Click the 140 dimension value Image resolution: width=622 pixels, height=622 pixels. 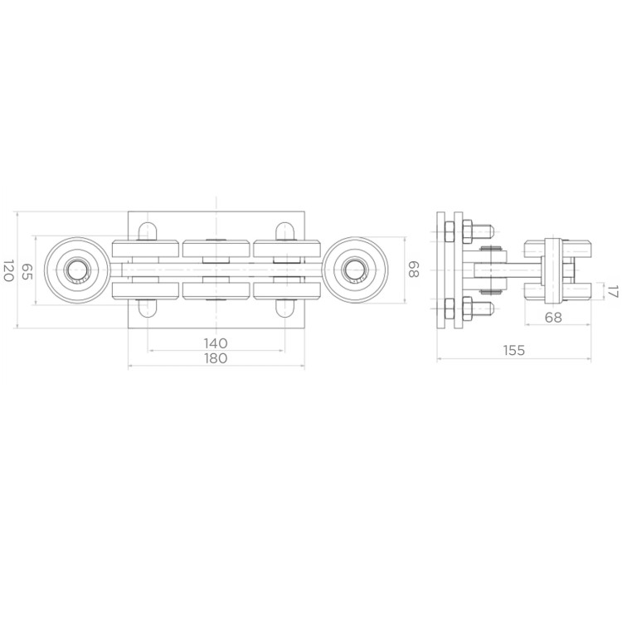coord(216,343)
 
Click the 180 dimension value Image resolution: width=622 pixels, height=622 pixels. coord(216,358)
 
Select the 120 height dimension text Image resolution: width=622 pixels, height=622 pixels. coord(8,270)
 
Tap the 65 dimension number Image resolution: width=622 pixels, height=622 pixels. coord(27,271)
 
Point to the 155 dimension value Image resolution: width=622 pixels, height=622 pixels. coord(513,350)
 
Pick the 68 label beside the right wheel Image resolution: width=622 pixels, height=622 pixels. coord(413,270)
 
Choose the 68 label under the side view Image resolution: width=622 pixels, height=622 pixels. coord(553,318)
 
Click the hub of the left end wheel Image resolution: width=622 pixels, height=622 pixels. coord(77,270)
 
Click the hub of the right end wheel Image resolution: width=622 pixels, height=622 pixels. coord(355,270)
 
